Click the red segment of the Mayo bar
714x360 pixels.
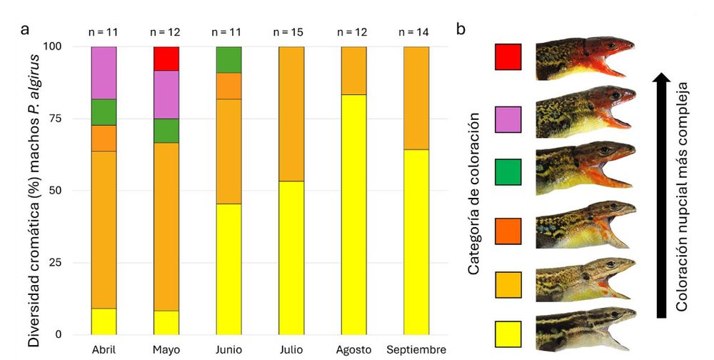click(166, 59)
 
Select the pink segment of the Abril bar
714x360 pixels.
click(104, 73)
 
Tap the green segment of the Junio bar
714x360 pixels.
click(228, 59)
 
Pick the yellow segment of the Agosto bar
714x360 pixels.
click(353, 214)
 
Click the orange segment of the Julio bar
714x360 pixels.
click(291, 114)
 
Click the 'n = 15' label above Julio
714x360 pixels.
click(291, 31)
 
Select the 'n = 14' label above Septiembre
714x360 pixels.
click(416, 31)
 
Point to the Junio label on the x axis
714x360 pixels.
click(228, 350)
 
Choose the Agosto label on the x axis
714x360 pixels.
click(353, 350)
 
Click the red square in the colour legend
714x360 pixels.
click(508, 56)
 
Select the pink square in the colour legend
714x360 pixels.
click(508, 119)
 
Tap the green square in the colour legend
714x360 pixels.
click(508, 172)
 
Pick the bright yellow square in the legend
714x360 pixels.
click(508, 334)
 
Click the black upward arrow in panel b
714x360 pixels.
click(662, 193)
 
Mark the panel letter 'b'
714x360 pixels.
click(461, 29)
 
